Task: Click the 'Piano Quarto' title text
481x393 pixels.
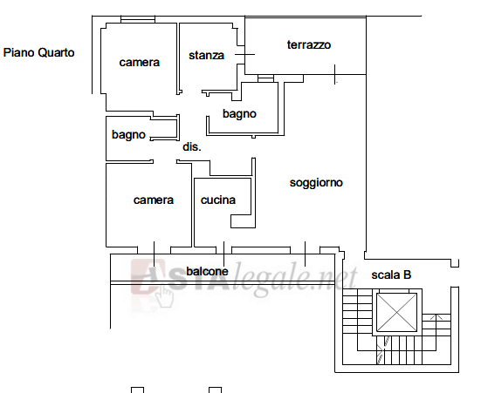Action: (x=38, y=52)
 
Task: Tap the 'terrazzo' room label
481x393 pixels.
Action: (x=309, y=45)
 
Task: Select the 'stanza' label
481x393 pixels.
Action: (x=206, y=56)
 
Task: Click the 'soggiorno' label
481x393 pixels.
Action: (x=316, y=183)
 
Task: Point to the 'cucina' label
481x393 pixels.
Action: (x=218, y=200)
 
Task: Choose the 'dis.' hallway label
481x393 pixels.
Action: (x=192, y=146)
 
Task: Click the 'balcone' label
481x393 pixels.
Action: (x=208, y=271)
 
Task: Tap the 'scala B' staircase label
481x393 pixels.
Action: (x=391, y=274)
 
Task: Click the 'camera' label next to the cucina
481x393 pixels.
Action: (x=154, y=200)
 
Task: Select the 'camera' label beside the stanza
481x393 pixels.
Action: (x=140, y=63)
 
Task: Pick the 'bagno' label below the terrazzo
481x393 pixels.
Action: (x=239, y=113)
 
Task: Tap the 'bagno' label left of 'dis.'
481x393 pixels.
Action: (x=128, y=135)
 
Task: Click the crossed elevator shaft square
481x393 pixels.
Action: (x=396, y=313)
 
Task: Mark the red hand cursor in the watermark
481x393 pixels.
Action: (x=164, y=295)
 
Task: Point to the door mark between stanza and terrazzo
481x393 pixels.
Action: (x=244, y=55)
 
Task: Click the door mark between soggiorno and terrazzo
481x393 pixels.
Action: (x=334, y=74)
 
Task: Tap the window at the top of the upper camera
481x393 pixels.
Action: (x=138, y=19)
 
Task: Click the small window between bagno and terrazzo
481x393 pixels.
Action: (x=265, y=78)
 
